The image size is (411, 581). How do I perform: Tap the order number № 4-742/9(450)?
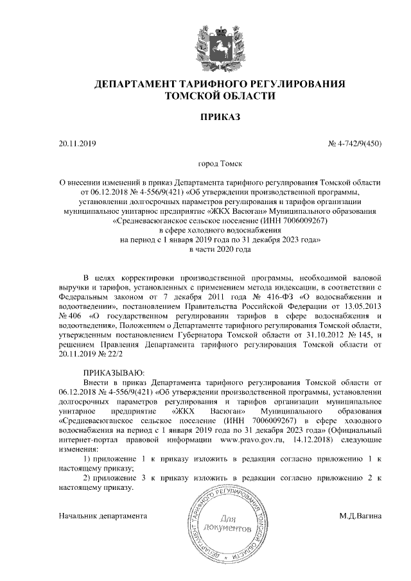(354, 144)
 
